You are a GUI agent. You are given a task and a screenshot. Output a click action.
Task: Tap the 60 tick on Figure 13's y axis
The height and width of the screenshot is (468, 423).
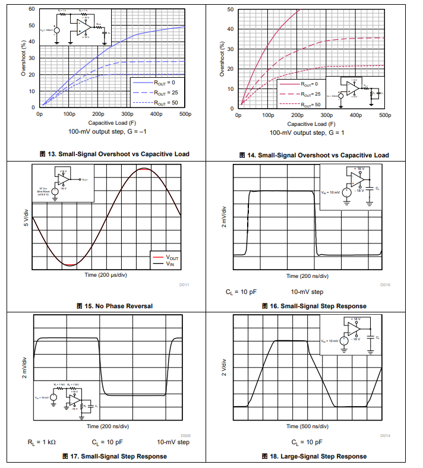pos(31,9)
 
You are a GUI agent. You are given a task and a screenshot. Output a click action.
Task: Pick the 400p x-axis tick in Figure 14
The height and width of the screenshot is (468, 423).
pos(355,115)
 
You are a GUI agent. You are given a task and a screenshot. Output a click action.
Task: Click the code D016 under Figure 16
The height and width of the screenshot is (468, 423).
pos(386,285)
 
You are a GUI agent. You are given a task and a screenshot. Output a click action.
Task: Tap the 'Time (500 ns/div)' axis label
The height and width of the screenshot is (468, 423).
pos(307,426)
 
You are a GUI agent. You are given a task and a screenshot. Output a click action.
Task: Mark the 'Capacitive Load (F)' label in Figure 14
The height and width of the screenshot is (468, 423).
pos(311,124)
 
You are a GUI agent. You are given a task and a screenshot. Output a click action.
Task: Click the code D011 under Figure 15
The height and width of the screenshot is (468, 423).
pos(184,285)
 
